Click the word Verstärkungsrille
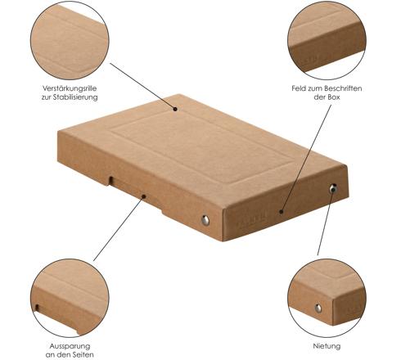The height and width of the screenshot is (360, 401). (x=70, y=88)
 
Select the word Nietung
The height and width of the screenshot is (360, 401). (x=327, y=346)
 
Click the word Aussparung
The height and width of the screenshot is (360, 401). (x=70, y=346)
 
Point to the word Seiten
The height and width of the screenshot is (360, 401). (x=82, y=355)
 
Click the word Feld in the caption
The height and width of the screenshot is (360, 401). (x=299, y=88)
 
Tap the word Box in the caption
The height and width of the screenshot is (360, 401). (x=334, y=97)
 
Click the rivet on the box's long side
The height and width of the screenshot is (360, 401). (x=205, y=220)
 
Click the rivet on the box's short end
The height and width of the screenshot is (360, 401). (x=333, y=188)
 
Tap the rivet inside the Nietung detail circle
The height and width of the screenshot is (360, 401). (x=318, y=308)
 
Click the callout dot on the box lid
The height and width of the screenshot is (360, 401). (x=175, y=109)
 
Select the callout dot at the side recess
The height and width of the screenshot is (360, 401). (x=144, y=196)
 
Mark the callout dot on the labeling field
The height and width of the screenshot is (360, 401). (x=282, y=211)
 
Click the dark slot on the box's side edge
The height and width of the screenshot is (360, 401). (x=111, y=180)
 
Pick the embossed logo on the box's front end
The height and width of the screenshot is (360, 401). (x=252, y=219)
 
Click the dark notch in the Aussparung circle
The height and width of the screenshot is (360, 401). (x=37, y=308)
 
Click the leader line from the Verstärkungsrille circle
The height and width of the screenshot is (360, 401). (x=142, y=86)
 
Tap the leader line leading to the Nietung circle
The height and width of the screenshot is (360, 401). (x=325, y=222)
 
